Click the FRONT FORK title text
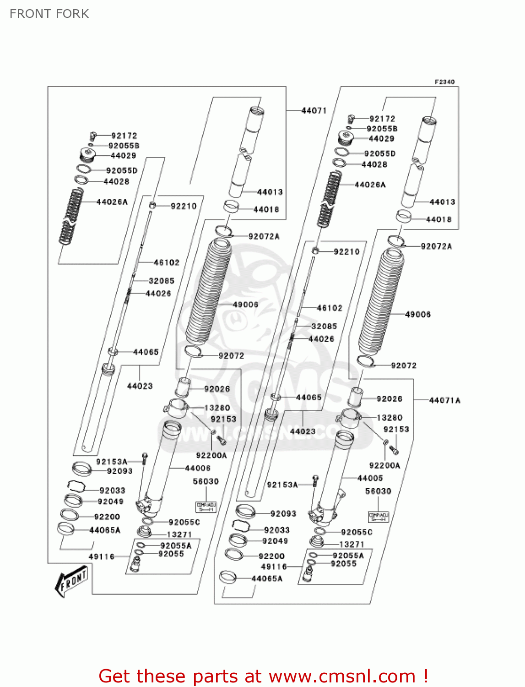(49, 14)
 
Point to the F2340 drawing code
(444, 82)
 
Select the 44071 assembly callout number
(314, 110)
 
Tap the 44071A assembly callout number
(444, 400)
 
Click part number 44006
(198, 468)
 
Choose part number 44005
(370, 478)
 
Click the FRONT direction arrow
(71, 581)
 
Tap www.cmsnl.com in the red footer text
(342, 676)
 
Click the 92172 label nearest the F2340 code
(382, 119)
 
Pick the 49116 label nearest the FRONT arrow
(101, 556)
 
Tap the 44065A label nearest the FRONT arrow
(105, 530)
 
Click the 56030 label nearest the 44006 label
(206, 481)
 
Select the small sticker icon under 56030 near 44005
(378, 517)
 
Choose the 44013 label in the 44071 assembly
(270, 192)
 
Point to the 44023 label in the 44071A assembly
(303, 431)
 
